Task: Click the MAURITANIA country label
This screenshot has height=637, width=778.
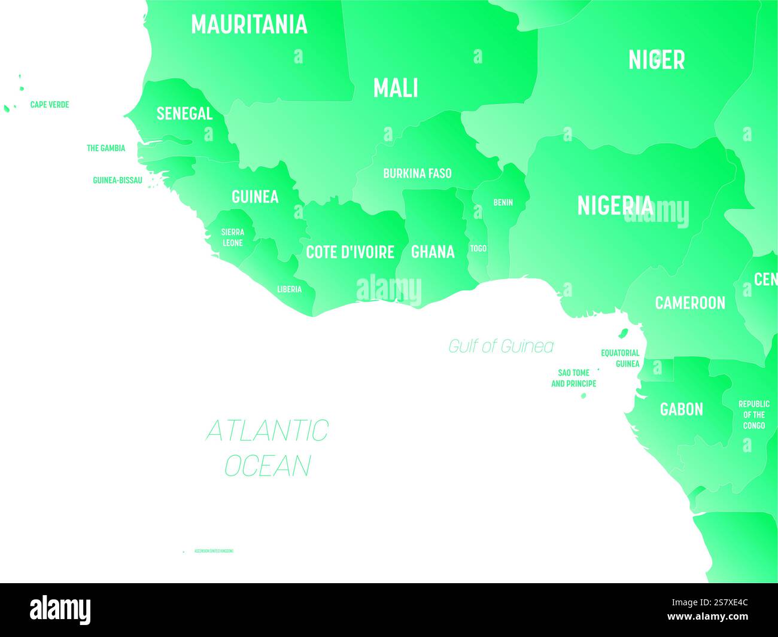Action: tap(249, 25)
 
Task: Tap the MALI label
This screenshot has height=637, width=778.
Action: tap(396, 89)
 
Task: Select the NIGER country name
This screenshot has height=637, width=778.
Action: tap(656, 60)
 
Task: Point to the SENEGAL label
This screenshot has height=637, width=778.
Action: tap(184, 113)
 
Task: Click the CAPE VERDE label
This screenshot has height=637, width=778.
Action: tap(50, 105)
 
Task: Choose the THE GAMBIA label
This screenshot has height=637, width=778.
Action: tap(106, 148)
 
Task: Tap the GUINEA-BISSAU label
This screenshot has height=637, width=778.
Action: tap(117, 179)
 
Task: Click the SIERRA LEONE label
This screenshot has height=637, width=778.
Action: tap(232, 237)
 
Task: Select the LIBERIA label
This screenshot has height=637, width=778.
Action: tap(289, 289)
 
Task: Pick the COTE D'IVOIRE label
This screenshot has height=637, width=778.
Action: tap(350, 252)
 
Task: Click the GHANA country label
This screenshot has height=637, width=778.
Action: tap(433, 252)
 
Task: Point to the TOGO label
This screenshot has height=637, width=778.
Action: tap(478, 248)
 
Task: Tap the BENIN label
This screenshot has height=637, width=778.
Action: tap(503, 203)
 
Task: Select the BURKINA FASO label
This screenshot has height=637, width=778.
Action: tap(417, 173)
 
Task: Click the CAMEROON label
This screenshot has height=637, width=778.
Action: tap(690, 303)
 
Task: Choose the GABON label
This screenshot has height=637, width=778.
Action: tap(681, 409)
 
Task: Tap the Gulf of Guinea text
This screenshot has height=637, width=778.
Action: tap(501, 346)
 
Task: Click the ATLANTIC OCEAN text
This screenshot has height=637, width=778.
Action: tap(267, 447)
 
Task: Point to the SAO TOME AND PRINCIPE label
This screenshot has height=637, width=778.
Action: tap(573, 378)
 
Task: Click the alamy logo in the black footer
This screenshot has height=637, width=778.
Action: tap(60, 610)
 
